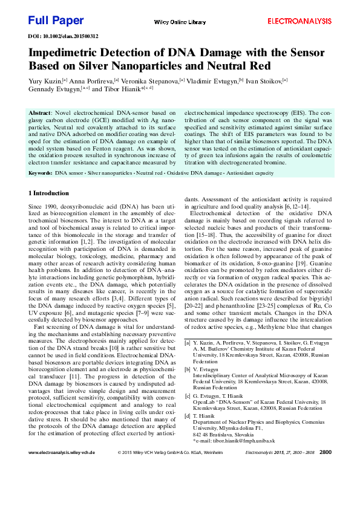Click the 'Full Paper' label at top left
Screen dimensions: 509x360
tap(56, 21)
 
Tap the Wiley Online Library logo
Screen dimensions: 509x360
tap(180, 22)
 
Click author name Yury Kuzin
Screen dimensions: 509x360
tap(44, 79)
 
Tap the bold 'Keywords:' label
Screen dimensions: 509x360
tap(41, 173)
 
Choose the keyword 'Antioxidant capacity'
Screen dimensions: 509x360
tap(251, 173)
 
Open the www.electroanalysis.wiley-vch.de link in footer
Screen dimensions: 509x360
tap(62, 468)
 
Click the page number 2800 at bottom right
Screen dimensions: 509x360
tap(325, 468)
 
